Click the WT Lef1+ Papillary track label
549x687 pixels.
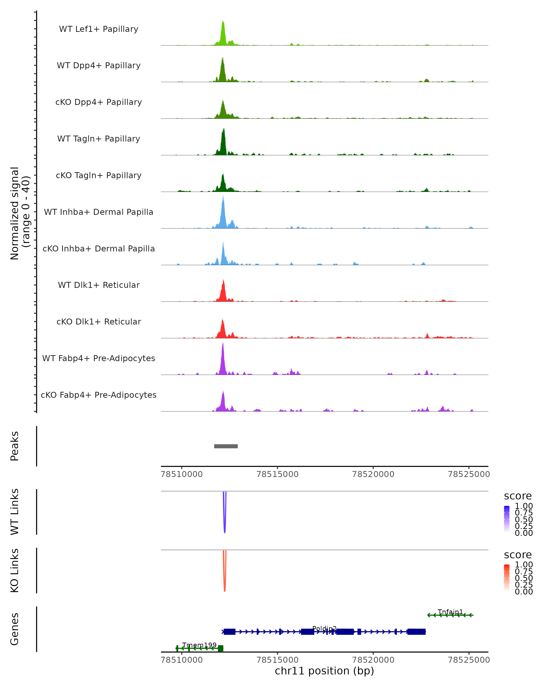coord(99,29)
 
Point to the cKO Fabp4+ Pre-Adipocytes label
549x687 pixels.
coord(99,395)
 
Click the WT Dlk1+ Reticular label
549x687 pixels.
coord(99,285)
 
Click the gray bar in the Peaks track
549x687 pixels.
coord(226,446)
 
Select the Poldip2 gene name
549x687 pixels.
coord(324,628)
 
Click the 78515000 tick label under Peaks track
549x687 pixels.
coord(277,474)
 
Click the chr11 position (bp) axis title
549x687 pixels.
coord(324,671)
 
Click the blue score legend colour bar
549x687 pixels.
coord(507,519)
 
